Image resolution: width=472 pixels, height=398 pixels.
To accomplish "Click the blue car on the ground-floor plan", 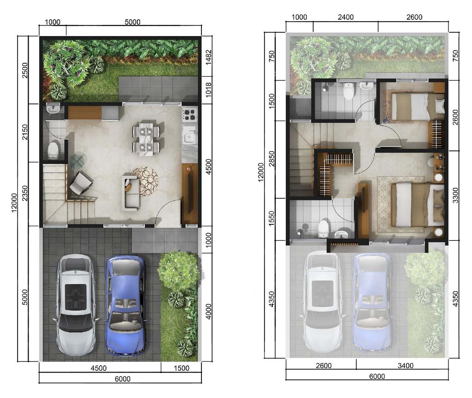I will [x=125, y=305].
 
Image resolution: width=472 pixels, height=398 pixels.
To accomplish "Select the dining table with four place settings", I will [x=147, y=137].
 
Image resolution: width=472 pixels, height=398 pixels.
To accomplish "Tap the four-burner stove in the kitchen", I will [x=189, y=114].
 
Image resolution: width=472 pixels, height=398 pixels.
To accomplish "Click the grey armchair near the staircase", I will [x=81, y=183].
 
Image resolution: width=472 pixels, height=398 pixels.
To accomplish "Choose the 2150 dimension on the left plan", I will [x=25, y=133].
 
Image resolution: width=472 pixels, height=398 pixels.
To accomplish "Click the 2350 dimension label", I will [x=25, y=194].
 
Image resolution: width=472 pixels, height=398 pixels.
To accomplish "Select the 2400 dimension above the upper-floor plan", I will [x=345, y=17].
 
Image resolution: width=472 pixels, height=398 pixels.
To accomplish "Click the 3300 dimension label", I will [x=455, y=196].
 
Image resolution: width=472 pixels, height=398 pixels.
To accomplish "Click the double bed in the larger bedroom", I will [x=410, y=204].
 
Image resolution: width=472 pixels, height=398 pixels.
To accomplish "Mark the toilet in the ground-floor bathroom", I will [x=53, y=149].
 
